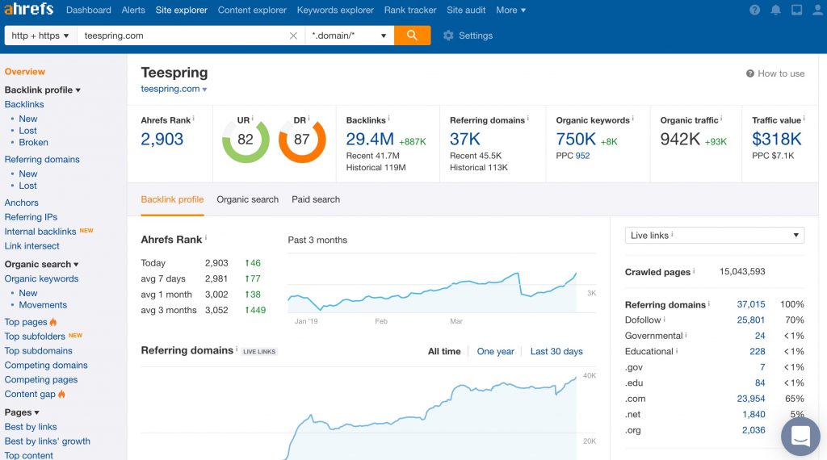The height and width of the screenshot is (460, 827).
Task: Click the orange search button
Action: coord(412,36)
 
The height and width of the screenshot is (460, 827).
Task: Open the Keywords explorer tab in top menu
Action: coord(335,10)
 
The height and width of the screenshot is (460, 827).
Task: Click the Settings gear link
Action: coord(468,36)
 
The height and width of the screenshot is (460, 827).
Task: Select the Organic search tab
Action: coord(247,199)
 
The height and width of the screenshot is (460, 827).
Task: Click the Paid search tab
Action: coord(316,199)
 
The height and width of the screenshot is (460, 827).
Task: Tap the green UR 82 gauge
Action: coord(246,140)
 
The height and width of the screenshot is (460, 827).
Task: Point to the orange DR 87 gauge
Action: coord(302,140)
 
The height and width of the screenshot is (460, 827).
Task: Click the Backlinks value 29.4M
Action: coord(370,140)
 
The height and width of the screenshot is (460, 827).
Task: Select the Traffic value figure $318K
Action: coord(776,140)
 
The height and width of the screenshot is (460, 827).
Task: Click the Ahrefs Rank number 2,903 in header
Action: coord(162,140)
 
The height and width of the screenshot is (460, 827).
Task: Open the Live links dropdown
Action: coord(715,236)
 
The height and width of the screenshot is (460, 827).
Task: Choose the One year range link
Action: coord(495,352)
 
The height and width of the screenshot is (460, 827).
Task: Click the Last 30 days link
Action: coord(556,352)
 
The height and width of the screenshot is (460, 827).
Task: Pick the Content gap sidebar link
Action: coord(30,394)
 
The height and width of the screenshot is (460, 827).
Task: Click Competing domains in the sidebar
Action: coord(46,365)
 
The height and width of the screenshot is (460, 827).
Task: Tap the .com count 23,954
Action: coord(750,399)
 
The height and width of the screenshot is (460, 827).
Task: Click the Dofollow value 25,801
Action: coord(750,320)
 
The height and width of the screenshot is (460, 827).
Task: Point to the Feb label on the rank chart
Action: coord(381,321)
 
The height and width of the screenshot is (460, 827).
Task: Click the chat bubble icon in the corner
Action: coord(800,437)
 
